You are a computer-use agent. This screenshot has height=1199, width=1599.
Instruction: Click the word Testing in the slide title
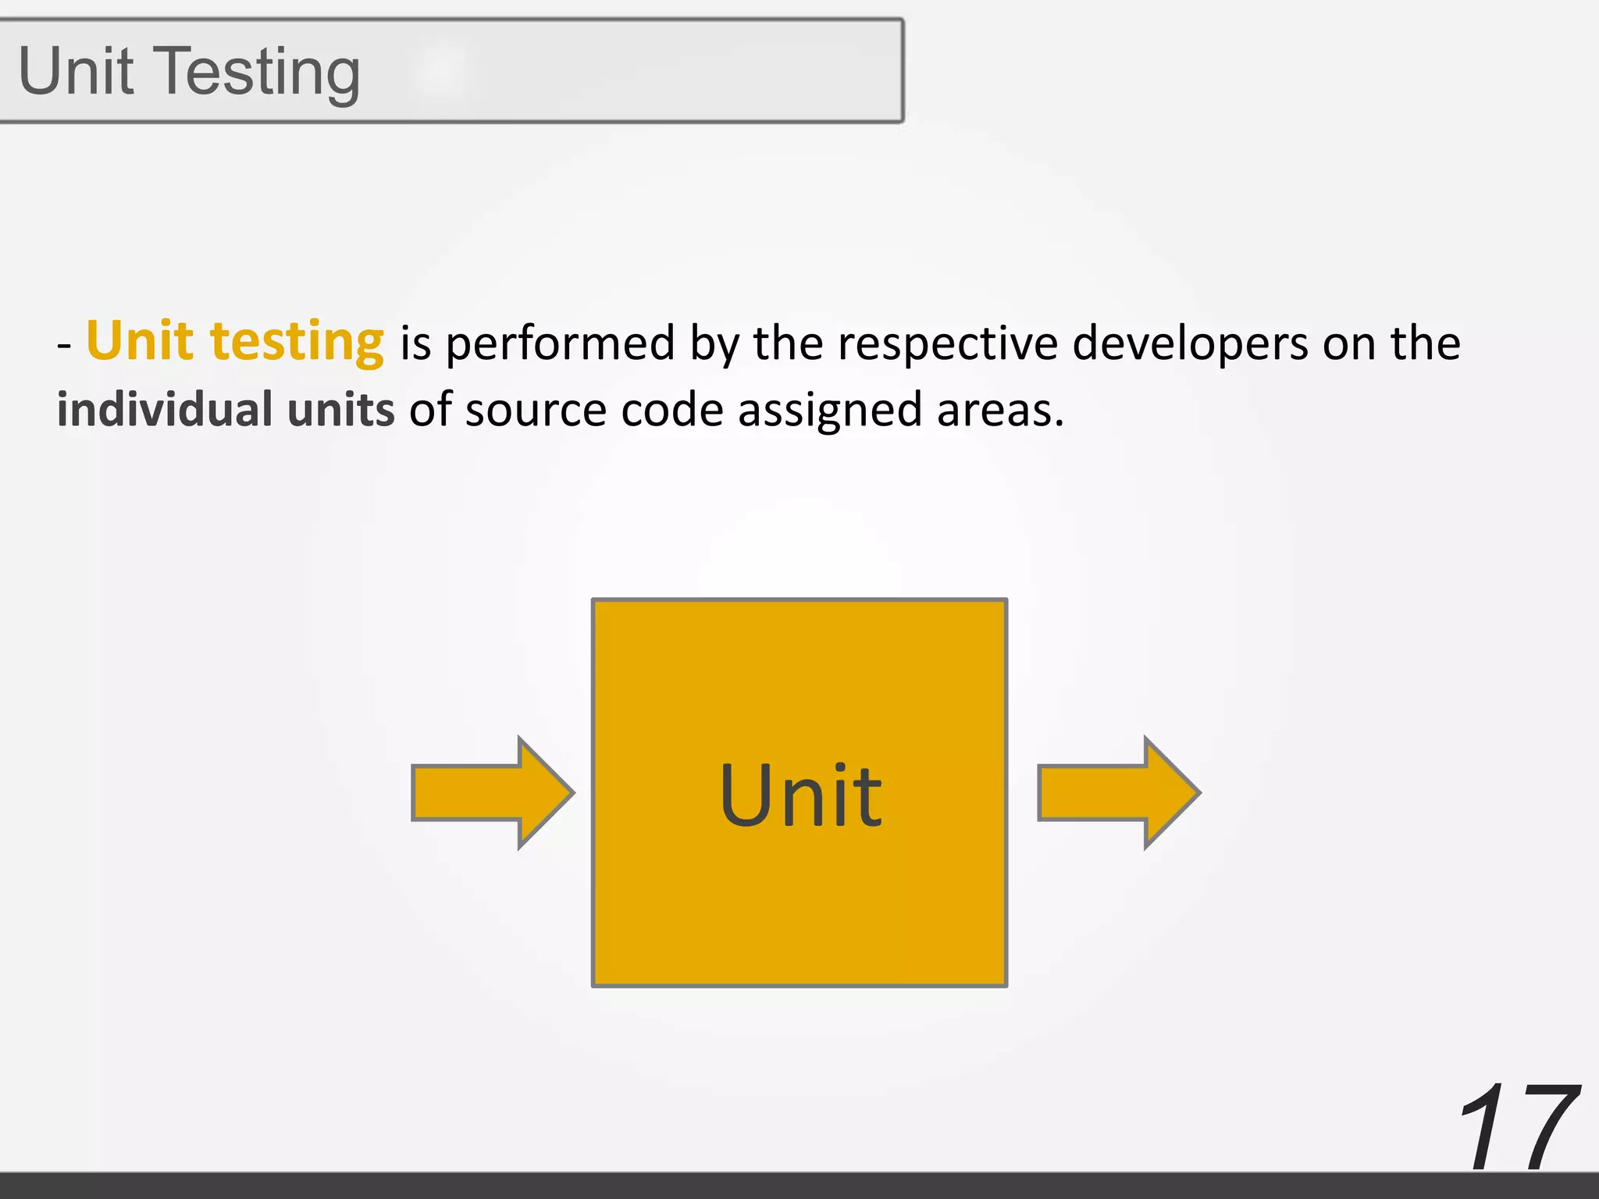click(262, 72)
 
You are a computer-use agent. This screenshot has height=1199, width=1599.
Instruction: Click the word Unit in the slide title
click(76, 72)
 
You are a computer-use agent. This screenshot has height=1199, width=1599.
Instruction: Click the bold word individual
click(165, 410)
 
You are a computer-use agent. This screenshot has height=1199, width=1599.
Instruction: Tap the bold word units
click(341, 410)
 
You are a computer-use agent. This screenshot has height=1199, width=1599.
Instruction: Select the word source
click(536, 410)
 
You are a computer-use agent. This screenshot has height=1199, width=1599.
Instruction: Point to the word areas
click(999, 410)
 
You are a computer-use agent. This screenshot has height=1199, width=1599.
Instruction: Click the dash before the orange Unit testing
click(64, 345)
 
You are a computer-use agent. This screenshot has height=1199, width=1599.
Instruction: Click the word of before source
click(430, 410)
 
